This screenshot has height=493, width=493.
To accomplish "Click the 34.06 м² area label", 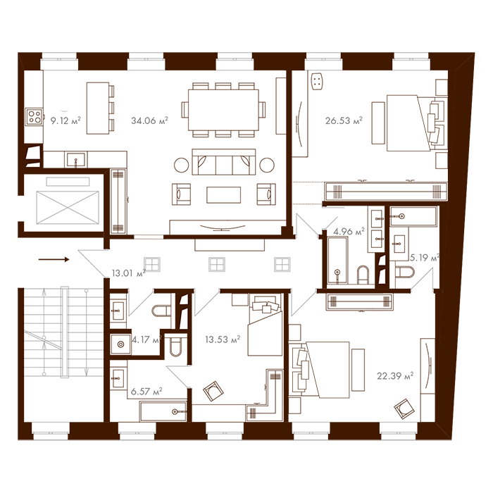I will pos(149,120).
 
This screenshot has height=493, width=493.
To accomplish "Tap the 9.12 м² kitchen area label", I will pos(65,120).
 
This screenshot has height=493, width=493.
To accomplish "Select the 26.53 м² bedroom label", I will pos(344,120).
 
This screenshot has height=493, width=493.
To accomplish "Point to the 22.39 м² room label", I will pos(394,375).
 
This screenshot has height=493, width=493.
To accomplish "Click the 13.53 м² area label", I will pos(223,339).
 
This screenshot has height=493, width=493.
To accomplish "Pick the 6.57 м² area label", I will pos(147,391).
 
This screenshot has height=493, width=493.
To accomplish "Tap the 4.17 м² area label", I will pos(146,339).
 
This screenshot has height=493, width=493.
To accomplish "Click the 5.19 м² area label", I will pos(424,257).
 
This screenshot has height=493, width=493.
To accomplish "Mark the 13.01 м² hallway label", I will pos(127,273).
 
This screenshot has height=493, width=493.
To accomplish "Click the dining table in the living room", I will pos(223,109).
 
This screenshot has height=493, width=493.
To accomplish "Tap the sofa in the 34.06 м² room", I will pos(223,163).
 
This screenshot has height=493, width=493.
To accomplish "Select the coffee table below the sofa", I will pos(223,194).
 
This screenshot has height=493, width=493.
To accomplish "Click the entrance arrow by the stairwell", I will pos(54,259).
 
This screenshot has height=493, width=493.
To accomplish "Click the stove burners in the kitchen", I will pos(34,116).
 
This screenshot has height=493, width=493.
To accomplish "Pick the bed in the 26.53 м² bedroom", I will pos(412,123).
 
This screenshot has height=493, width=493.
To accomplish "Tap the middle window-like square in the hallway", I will pos(217,264).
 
